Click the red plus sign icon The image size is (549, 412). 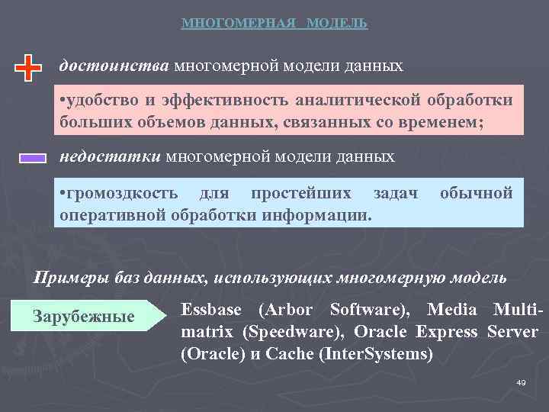pos(28,68)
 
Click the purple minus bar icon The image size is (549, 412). pos(33,158)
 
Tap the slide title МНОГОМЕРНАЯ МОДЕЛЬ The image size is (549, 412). pos(274,24)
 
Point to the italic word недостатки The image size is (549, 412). pos(110,156)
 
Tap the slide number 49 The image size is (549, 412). pos(522,382)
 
